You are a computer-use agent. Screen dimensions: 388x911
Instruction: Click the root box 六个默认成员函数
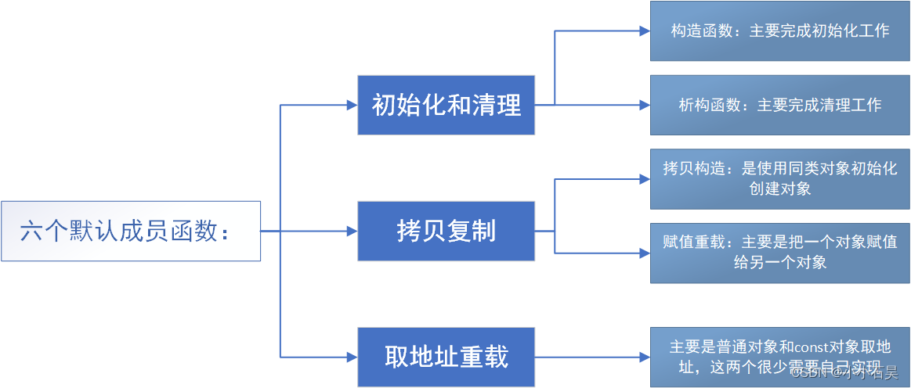[x=130, y=232]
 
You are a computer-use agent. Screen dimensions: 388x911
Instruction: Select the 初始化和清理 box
[x=446, y=105]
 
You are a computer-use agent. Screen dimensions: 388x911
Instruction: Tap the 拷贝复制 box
[x=446, y=232]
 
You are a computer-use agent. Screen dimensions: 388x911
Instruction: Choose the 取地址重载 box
[x=446, y=357]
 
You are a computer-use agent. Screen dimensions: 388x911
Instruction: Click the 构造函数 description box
[x=779, y=31]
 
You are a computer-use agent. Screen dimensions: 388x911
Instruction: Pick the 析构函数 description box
[x=779, y=105]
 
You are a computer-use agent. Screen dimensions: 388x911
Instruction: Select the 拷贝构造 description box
[x=779, y=178]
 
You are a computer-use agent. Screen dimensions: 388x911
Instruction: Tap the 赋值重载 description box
[x=779, y=252]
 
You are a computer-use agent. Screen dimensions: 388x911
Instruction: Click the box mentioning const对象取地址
[x=779, y=357]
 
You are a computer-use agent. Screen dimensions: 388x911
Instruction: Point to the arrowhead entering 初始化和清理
[x=352, y=105]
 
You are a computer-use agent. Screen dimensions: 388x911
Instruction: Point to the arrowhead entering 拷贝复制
[x=352, y=232]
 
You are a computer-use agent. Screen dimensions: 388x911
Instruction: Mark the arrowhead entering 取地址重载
[x=352, y=357]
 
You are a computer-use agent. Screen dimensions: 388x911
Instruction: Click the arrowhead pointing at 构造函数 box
[x=645, y=31]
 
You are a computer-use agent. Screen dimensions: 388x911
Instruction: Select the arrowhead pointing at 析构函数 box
[x=645, y=105]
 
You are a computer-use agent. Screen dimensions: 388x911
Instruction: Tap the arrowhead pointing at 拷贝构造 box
[x=645, y=179]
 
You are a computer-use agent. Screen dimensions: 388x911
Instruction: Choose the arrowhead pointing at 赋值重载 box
[x=645, y=253]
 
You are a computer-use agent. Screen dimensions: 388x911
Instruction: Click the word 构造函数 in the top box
[x=699, y=31]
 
